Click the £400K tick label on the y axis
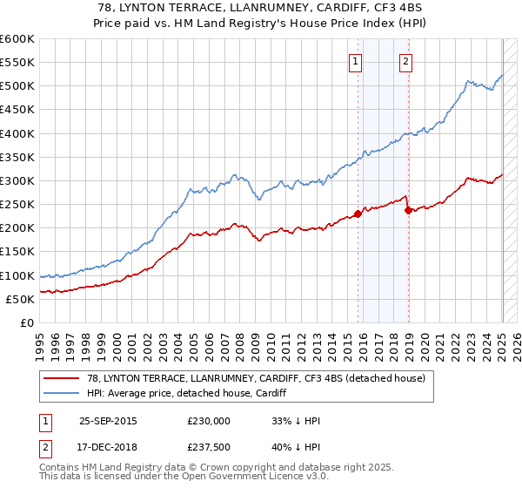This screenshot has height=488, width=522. click(x=17, y=133)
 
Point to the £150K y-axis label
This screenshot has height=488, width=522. click(x=17, y=252)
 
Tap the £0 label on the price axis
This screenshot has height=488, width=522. click(x=26, y=323)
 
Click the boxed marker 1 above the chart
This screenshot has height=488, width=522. click(x=358, y=61)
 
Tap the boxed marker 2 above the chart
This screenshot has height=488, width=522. click(x=406, y=61)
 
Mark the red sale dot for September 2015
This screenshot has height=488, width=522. click(x=358, y=213)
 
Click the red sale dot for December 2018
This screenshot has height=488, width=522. click(x=408, y=210)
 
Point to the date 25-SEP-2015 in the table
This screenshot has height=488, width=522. click(x=108, y=420)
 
